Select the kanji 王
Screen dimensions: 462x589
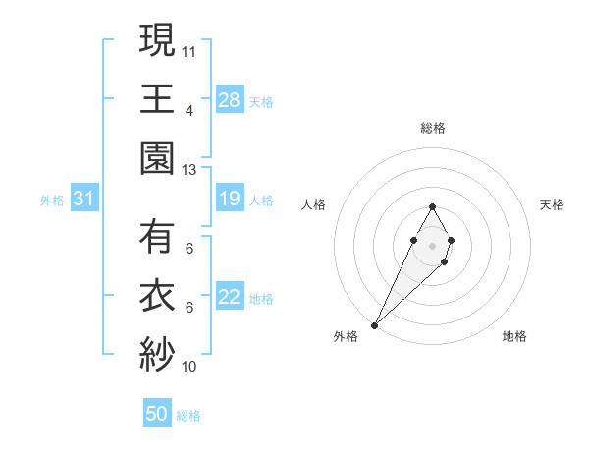coord(157,98)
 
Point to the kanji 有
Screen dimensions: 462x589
coord(157,236)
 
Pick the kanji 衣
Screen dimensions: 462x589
coord(157,296)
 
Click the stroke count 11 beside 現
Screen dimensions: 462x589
coord(189,49)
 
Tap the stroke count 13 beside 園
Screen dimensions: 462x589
coord(189,169)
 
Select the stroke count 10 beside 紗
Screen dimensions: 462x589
coord(189,367)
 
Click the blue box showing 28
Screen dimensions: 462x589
coord(230,100)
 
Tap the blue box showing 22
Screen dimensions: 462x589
coord(230,298)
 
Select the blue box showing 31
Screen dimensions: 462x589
coord(84,200)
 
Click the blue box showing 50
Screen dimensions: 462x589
coord(157,414)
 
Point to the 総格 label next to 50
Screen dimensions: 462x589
coord(188,416)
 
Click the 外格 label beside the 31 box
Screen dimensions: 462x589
coord(52,201)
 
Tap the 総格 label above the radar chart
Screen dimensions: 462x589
coord(432,128)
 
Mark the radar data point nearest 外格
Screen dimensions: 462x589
coord(375,324)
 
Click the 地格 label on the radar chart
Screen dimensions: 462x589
coord(514,336)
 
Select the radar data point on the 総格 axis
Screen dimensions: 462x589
coord(432,206)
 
